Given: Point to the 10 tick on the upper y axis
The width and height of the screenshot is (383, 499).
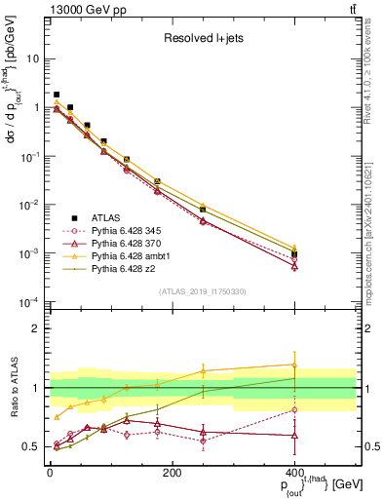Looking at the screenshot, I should [x=33, y=58].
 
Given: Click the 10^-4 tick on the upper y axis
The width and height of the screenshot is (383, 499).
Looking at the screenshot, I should [x=29, y=301].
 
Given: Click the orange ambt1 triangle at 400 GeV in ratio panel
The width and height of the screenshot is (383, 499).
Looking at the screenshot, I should [x=294, y=365].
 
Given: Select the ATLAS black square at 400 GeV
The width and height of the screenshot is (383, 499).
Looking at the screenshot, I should [x=294, y=253].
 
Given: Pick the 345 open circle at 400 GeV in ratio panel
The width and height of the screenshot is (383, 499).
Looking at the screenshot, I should [x=294, y=409].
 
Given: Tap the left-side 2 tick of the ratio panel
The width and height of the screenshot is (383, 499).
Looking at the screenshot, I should [x=36, y=328].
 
